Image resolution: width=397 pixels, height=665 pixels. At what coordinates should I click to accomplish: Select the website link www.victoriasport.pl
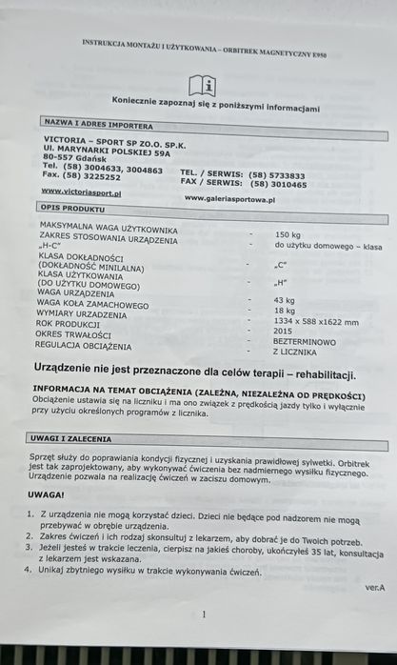pyautogui.click(x=81, y=191)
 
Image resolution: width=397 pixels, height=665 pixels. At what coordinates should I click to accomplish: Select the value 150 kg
pyautogui.click(x=289, y=234)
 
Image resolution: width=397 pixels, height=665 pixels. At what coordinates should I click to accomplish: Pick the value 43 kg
pyautogui.click(x=284, y=301)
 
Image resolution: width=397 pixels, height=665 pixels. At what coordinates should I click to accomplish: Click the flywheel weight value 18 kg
pyautogui.click(x=284, y=312)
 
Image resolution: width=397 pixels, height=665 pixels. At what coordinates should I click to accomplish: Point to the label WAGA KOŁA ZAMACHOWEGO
pyautogui.click(x=93, y=305)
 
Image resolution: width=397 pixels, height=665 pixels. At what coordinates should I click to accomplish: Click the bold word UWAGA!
pyautogui.click(x=47, y=494)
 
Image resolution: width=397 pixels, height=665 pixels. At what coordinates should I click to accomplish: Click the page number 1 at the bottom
pyautogui.click(x=204, y=615)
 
